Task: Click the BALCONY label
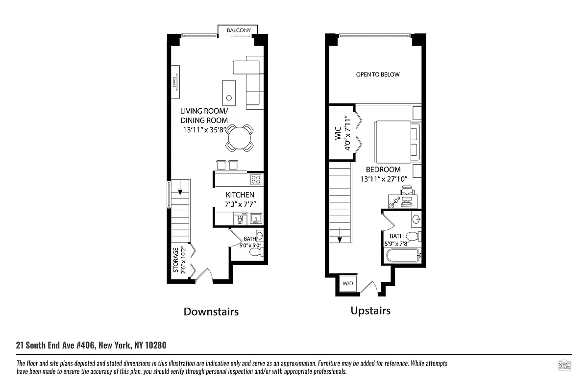point(239,30)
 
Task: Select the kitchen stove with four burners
point(256,179)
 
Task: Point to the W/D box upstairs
point(347,284)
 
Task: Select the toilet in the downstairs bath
point(256,252)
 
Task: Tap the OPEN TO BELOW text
point(377,74)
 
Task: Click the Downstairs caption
point(211,312)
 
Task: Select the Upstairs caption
point(370,311)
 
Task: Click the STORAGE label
point(175,260)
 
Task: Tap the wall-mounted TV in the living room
point(175,81)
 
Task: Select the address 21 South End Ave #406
point(91,345)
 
